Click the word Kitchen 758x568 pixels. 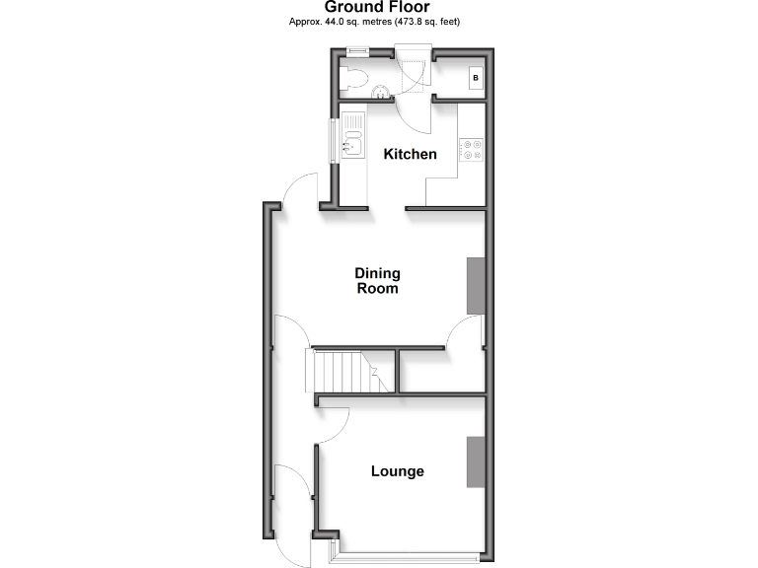410,154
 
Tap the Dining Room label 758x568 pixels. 378,281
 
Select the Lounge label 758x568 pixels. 398,471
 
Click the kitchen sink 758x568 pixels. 352,143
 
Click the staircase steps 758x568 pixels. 338,373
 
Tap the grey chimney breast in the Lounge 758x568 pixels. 476,461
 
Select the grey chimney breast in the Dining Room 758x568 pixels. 476,286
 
